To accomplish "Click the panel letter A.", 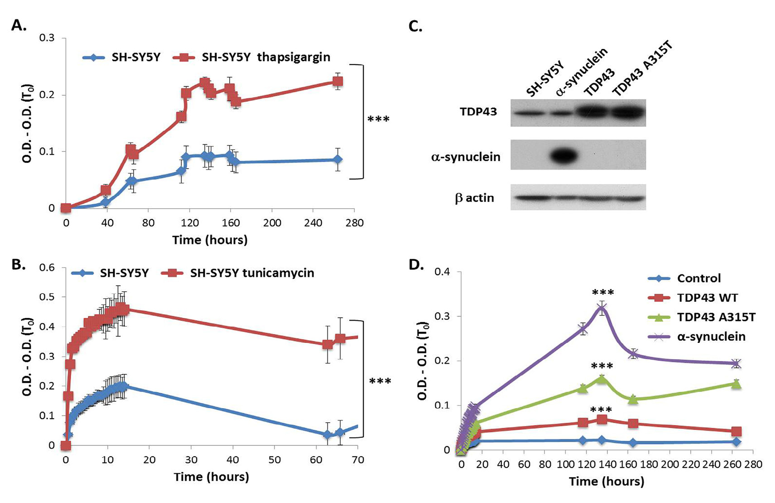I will tap(19, 26).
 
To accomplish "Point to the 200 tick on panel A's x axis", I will tap(272, 223).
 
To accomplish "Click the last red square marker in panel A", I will tap(337, 82).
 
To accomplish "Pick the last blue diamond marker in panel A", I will tap(337, 159).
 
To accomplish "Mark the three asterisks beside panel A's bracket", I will tap(378, 120).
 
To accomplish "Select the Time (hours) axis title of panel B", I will tap(211, 477).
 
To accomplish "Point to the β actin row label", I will tap(474, 198).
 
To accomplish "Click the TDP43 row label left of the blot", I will tap(478, 111).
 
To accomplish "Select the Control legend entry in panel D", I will tap(698, 278).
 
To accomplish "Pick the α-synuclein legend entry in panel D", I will tap(711, 337).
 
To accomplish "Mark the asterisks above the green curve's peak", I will tap(602, 366).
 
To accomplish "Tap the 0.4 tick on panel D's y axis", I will tap(443, 272).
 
